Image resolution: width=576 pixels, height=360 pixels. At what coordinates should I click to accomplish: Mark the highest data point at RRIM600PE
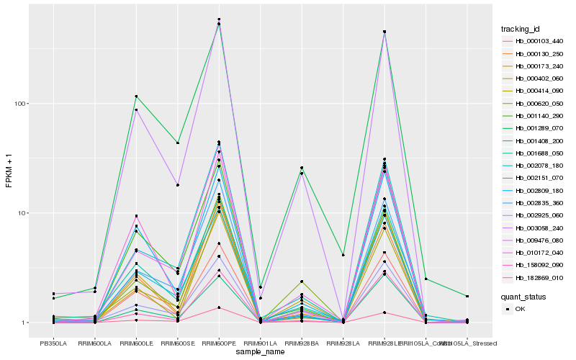click(x=219, y=19)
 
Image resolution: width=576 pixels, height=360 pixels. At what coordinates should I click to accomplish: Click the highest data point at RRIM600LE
click(x=136, y=96)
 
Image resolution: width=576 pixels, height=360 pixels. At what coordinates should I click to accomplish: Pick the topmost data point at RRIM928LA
click(x=343, y=255)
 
